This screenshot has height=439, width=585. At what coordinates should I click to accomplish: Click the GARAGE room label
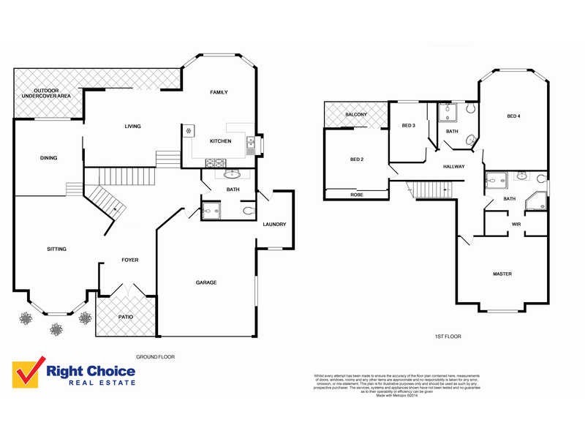(x=205, y=282)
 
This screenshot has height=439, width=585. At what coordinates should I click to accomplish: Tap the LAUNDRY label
(x=274, y=224)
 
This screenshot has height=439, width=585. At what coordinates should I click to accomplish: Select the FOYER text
(x=129, y=260)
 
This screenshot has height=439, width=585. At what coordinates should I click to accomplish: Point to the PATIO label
(x=126, y=317)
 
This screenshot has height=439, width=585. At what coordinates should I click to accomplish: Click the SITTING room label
(x=56, y=249)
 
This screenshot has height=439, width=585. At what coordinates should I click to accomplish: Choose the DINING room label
(x=49, y=157)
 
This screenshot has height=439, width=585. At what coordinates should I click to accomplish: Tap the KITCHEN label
(x=220, y=140)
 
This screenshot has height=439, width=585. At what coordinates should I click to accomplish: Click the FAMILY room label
(x=219, y=92)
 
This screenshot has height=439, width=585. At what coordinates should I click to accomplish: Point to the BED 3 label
(x=408, y=126)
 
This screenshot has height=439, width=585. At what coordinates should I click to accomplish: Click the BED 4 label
(x=513, y=116)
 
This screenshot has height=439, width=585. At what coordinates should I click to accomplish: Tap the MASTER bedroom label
(x=502, y=274)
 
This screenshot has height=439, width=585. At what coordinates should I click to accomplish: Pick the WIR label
(x=516, y=224)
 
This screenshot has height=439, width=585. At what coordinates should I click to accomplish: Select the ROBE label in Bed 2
(x=356, y=195)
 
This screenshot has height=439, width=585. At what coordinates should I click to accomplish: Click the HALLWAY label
(x=453, y=167)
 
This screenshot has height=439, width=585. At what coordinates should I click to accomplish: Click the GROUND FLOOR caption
(x=155, y=357)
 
